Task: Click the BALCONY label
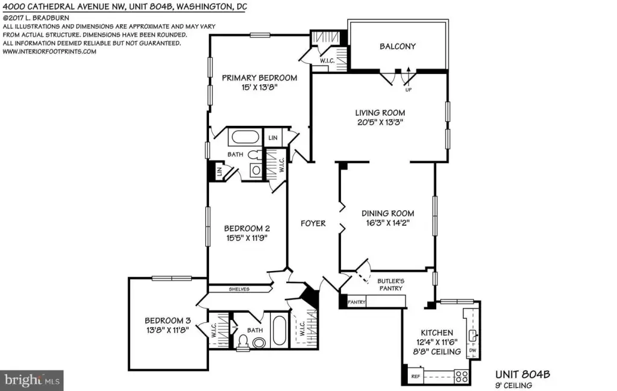(398, 46)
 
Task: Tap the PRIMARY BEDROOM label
(259, 78)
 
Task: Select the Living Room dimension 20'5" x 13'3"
(380, 122)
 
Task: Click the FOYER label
(313, 224)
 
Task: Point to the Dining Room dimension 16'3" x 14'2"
(387, 223)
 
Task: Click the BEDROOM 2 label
(246, 228)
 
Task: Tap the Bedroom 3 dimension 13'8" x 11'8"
(168, 330)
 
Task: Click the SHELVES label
(239, 289)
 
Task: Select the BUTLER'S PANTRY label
(390, 285)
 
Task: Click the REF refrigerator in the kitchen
(416, 376)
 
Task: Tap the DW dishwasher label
(472, 351)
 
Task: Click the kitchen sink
(472, 336)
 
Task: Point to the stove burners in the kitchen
(461, 376)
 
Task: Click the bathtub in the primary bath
(245, 137)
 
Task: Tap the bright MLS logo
(32, 380)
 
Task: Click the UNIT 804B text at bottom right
(522, 374)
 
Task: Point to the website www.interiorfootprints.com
(49, 52)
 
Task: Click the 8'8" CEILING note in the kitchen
(437, 352)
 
